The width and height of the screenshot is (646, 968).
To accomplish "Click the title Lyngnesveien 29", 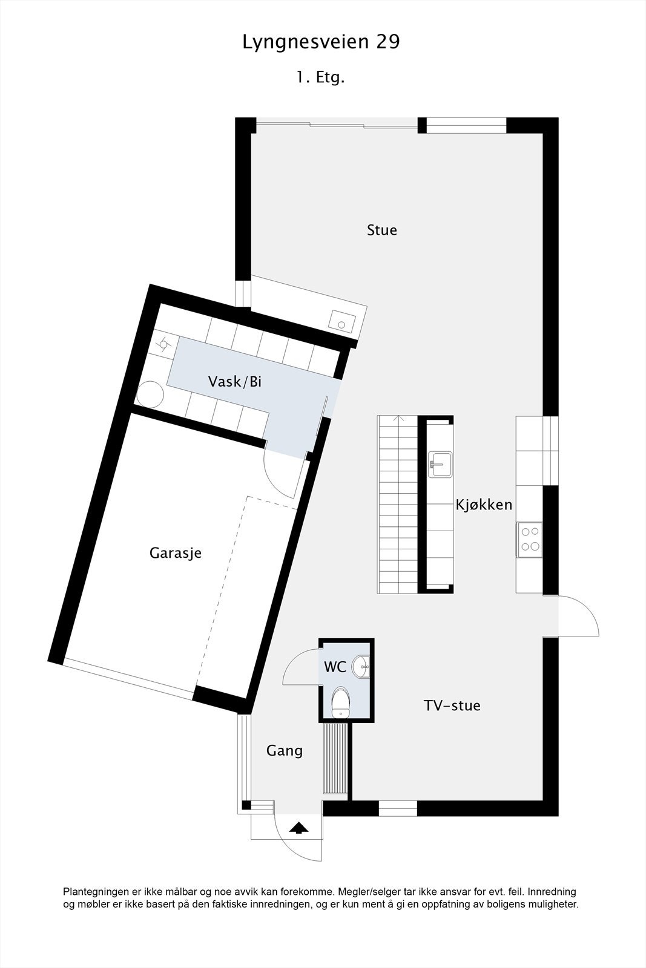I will pos(321,42).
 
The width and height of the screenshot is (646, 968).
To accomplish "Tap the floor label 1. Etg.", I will pos(320,77).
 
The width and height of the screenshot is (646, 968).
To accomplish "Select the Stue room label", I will pos(382,230).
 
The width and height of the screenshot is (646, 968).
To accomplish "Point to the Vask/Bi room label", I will pos(235,382).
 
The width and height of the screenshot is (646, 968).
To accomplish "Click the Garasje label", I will pos(176,553).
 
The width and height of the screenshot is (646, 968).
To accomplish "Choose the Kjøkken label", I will pos(484,505).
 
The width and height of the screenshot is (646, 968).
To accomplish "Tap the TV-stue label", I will pos(452,705).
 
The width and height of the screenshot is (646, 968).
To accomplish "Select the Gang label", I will pos(285,751).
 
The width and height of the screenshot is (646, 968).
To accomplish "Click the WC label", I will pos(335,667).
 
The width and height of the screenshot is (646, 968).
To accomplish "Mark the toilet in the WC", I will pos(341,702).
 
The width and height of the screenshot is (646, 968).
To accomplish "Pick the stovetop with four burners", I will pos(530,540).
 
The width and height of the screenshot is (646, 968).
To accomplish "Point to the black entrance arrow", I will pos(297,828).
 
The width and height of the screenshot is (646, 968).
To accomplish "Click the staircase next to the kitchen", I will pos(398,504).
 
